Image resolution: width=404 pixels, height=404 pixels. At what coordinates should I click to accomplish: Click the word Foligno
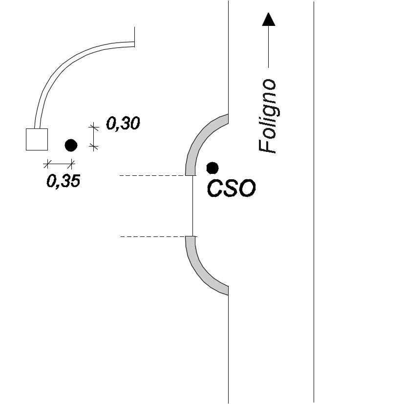tap(269, 116)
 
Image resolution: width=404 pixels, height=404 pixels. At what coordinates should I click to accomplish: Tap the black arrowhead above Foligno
tap(269, 20)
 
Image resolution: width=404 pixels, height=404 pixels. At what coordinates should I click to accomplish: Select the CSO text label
tap(231, 189)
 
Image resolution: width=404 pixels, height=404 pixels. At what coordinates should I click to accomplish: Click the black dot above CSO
tap(213, 168)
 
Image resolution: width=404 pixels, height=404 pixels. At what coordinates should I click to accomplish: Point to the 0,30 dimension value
tap(123, 123)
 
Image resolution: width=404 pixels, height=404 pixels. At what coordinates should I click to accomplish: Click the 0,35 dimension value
tap(64, 181)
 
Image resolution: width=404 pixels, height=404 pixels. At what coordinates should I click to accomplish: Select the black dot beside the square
tap(71, 145)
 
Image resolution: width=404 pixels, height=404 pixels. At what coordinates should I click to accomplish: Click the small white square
tap(37, 139)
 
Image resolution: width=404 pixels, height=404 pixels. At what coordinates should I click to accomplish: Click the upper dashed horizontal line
tap(158, 176)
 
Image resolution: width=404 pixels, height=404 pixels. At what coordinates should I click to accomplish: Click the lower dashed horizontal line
tap(159, 236)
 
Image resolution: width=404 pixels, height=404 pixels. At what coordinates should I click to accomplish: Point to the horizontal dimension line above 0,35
tap(59, 164)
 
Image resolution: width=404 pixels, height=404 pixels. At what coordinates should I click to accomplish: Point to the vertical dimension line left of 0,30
tap(93, 137)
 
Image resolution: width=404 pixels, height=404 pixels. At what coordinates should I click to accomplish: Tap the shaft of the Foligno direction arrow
tap(269, 46)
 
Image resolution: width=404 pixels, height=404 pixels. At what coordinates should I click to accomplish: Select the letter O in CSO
tap(246, 189)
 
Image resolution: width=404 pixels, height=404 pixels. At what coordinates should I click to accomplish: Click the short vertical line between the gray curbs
tap(193, 206)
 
